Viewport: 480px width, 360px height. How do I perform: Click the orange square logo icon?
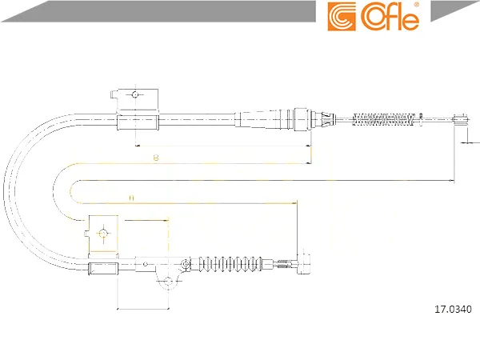coord(342,17)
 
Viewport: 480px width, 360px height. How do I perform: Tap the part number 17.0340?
coord(453,309)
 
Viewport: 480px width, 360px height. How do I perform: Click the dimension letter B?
coord(156,158)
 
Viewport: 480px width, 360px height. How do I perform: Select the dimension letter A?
coord(131,198)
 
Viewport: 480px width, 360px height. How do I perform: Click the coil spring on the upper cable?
coord(384,119)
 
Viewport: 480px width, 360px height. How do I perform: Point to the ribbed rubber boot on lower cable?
coord(230,263)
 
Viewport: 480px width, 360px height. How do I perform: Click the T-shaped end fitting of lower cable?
coord(303,263)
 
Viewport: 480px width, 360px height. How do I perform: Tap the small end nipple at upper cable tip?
coord(461,118)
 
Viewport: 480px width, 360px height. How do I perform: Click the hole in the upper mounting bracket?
coord(135,94)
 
